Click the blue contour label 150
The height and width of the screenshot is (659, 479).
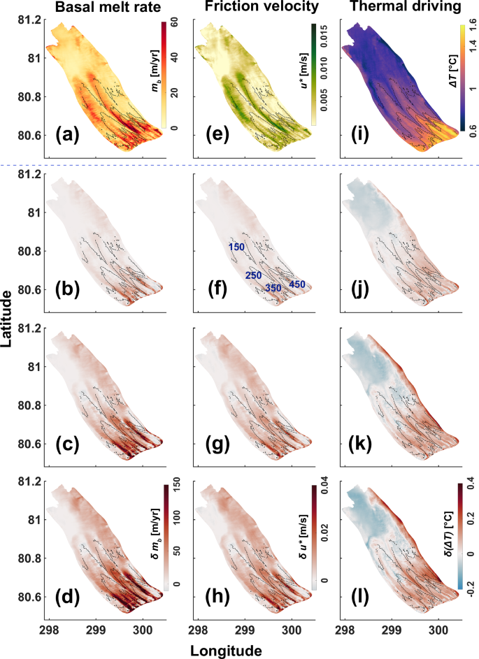236,247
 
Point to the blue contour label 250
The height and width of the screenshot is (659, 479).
253,275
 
